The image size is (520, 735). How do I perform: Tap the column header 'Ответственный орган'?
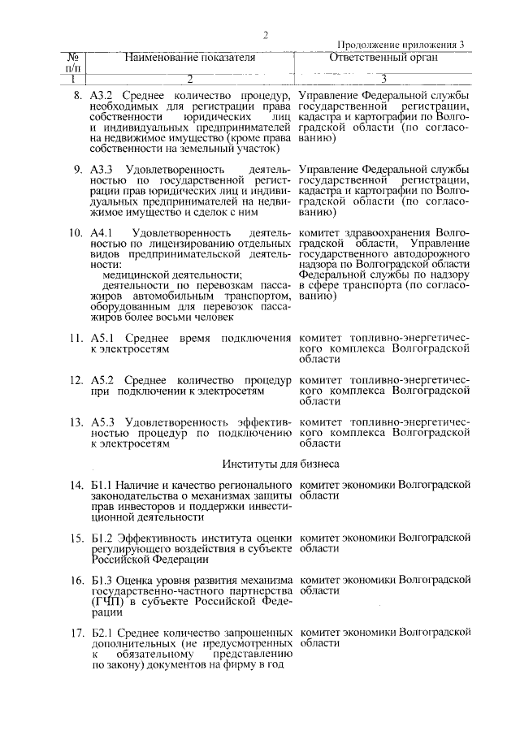tap(383, 58)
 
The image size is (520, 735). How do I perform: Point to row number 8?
tap(77, 96)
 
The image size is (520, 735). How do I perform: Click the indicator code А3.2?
tap(101, 96)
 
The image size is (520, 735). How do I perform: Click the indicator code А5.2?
tap(102, 380)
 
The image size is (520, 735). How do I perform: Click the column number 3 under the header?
tap(383, 79)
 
